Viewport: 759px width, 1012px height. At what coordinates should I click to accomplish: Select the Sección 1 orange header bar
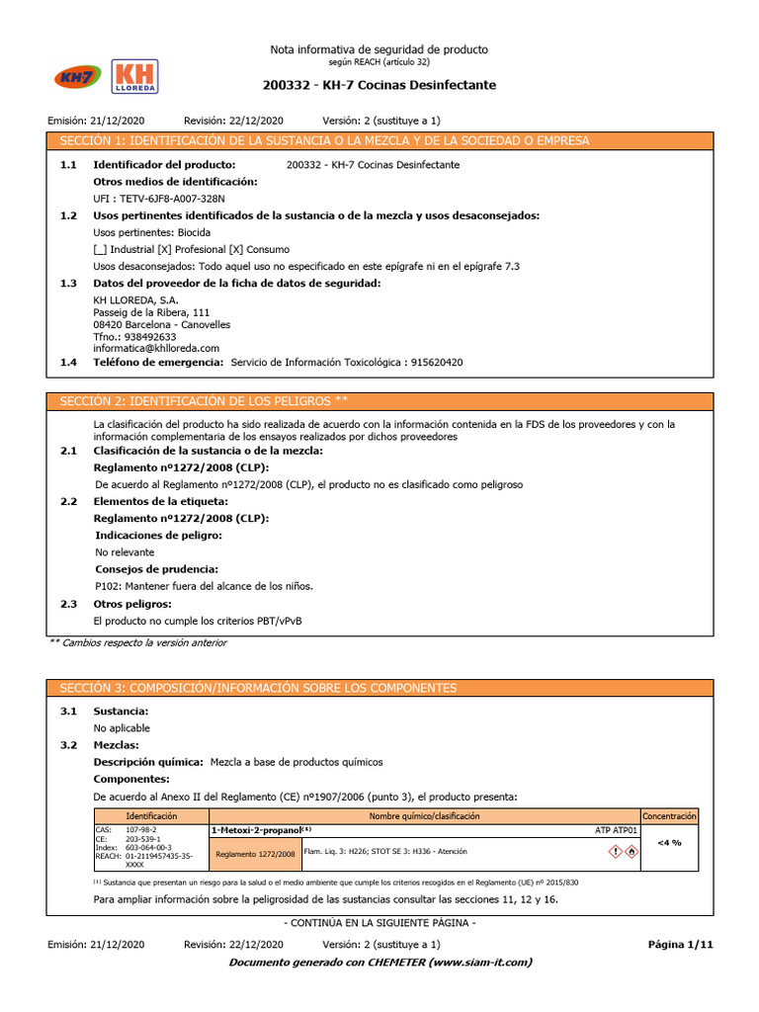(x=380, y=140)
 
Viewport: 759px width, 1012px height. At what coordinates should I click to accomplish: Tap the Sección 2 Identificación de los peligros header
(x=380, y=400)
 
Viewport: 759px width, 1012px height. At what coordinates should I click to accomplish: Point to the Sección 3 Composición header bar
(x=380, y=687)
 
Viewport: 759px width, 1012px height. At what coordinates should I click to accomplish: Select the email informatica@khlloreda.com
(x=156, y=348)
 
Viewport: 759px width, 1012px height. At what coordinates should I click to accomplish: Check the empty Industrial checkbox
(x=99, y=249)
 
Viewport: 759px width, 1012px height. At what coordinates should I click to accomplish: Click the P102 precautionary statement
(x=204, y=586)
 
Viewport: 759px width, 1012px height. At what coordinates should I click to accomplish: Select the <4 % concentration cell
(x=669, y=843)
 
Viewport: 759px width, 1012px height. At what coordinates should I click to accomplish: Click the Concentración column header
(x=669, y=816)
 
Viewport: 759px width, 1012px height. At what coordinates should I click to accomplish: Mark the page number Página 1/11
(x=680, y=945)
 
